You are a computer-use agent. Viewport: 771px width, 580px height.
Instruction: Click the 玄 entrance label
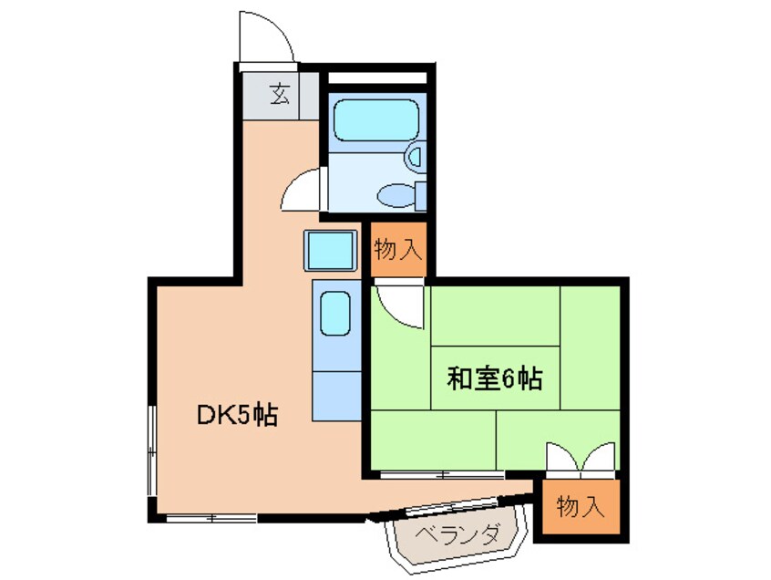(281, 94)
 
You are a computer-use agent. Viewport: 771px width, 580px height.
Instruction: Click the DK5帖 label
(238, 416)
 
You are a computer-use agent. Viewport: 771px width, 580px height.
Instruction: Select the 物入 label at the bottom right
(581, 507)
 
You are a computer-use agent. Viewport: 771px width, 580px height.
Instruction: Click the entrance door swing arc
(264, 39)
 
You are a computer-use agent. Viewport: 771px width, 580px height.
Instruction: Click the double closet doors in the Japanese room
(581, 459)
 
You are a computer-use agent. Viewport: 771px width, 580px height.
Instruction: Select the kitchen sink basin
(335, 314)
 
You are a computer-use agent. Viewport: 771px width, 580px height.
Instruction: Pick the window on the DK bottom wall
(211, 518)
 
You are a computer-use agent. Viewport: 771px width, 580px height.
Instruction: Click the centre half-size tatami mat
(495, 378)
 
